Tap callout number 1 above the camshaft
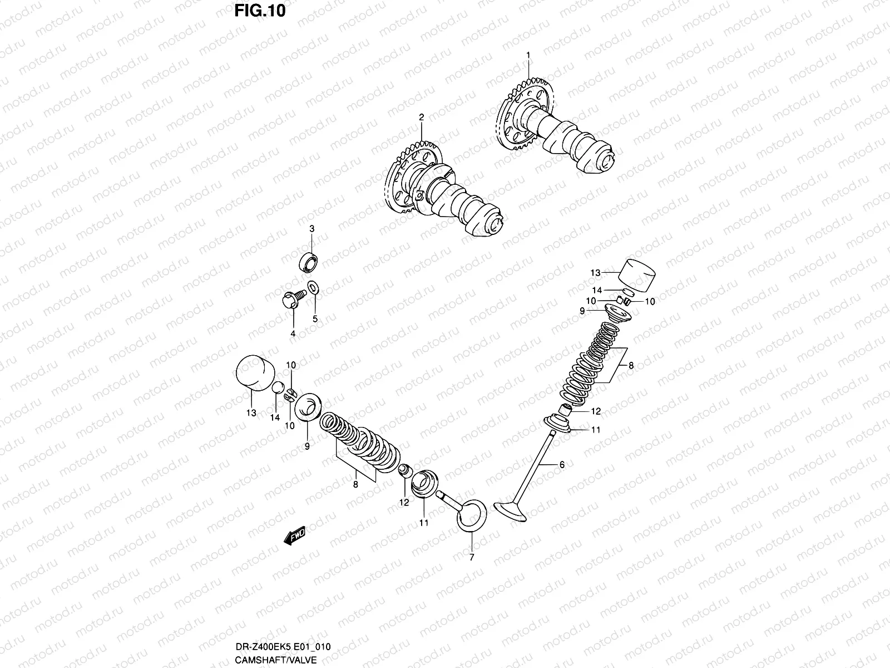(528, 55)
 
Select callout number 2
(421, 117)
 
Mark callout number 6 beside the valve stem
(562, 464)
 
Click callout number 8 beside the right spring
(631, 366)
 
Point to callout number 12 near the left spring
(404, 502)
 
